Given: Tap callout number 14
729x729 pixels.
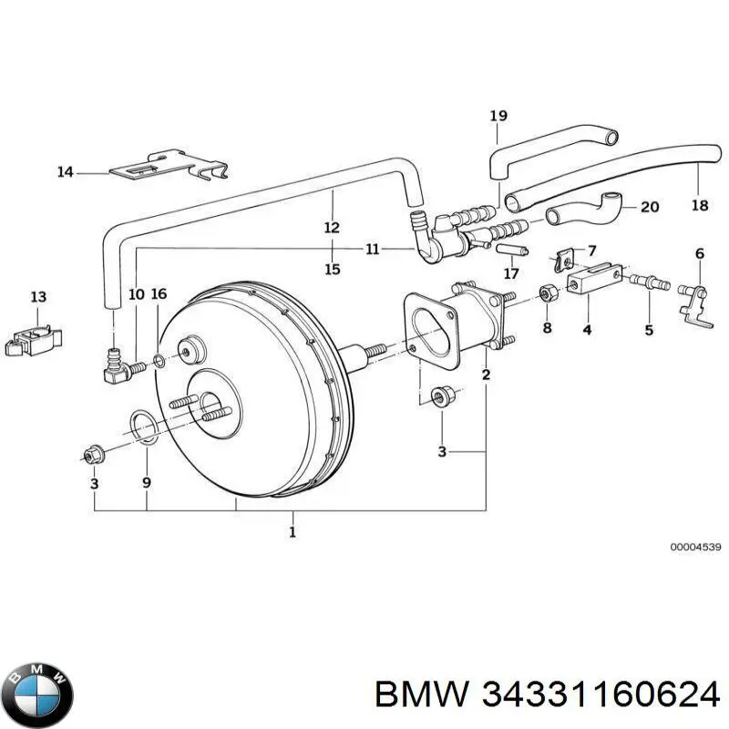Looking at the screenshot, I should pyautogui.click(x=66, y=170).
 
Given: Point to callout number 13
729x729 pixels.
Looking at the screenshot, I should pyautogui.click(x=37, y=296).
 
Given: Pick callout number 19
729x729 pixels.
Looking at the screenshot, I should pyautogui.click(x=498, y=116).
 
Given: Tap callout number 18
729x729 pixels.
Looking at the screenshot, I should pyautogui.click(x=700, y=206).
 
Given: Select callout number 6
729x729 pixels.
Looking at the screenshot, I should pyautogui.click(x=700, y=252).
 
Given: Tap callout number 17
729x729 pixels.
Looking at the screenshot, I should pyautogui.click(x=511, y=272).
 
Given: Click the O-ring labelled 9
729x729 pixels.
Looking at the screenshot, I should pyautogui.click(x=143, y=424).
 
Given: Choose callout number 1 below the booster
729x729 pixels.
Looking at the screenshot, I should pyautogui.click(x=293, y=532).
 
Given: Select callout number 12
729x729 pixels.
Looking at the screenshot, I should pyautogui.click(x=332, y=227).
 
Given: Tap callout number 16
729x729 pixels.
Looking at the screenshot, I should pyautogui.click(x=159, y=293).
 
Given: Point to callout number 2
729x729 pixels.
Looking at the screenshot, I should pyautogui.click(x=486, y=375).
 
